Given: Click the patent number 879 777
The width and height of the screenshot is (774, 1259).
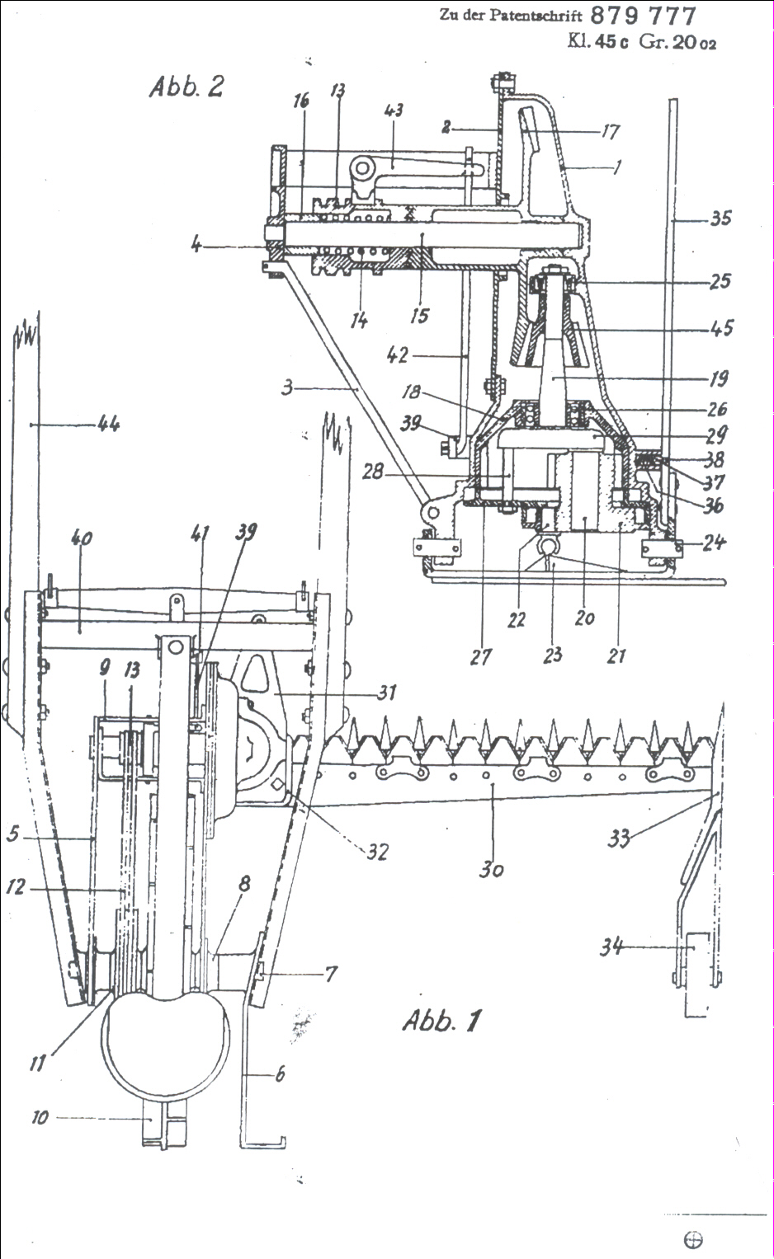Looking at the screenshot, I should coord(644,15).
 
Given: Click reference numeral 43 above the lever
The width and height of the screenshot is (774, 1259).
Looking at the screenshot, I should coord(393,110).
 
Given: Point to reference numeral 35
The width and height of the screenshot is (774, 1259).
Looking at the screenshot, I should coord(720,219).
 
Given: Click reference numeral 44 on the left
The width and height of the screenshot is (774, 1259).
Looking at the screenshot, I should coord(108,425).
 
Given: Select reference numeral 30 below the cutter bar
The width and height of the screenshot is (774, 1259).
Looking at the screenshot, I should coord(492,869).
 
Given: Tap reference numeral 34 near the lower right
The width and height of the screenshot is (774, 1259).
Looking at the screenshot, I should coord(611,947).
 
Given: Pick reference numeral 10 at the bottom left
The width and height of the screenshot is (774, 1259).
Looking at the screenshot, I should coord(40,1118).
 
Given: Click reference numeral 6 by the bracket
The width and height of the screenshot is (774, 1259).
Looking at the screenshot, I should coord(280,1073).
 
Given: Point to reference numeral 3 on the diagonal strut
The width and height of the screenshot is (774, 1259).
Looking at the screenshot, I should coord(287,386).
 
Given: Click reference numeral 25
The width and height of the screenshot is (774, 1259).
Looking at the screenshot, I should coord(720,281).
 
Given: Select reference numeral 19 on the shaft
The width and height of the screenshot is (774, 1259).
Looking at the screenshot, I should coord(719,378).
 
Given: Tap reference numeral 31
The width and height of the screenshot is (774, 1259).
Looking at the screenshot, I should coord(385,693).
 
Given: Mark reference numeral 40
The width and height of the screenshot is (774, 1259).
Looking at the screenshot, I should coord(81,539).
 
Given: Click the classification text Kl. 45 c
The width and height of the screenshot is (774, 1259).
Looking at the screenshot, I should coord(592,41).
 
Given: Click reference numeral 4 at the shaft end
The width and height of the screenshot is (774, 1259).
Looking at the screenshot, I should coord(196,245).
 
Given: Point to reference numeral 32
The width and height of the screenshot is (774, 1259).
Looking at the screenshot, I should coord(377,851).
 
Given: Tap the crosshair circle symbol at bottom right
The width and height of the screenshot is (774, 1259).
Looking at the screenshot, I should coord(694,1239).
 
